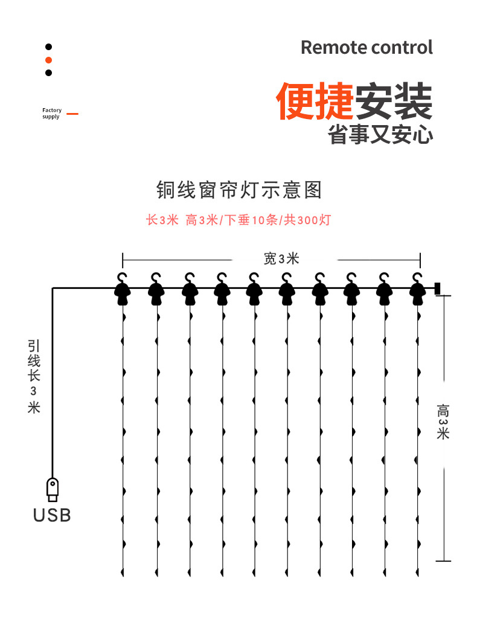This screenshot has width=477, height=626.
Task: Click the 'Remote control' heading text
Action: [367, 47]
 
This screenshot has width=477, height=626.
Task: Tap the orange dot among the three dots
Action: [49, 60]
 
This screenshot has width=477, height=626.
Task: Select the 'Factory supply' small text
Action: [52, 113]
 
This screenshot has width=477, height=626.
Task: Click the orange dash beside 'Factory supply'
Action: [72, 113]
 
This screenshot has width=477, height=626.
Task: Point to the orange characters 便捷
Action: [315, 101]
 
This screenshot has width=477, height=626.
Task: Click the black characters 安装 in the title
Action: [393, 101]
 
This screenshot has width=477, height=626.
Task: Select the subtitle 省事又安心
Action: [380, 135]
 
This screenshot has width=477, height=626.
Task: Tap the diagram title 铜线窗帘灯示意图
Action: [239, 190]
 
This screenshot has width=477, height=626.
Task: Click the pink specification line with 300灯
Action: [238, 220]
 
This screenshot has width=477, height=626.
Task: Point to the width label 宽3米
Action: [281, 259]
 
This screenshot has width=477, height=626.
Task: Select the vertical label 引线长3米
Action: [34, 375]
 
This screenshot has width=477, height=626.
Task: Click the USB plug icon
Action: [53, 489]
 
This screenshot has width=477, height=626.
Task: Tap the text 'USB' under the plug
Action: [52, 515]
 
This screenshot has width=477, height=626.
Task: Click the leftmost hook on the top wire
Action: [124, 288]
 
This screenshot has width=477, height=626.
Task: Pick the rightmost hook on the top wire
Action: [417, 288]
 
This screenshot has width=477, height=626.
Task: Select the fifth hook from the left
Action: [254, 288]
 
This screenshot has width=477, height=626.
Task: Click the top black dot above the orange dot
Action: [49, 47]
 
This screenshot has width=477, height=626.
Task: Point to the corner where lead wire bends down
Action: [53, 289]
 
